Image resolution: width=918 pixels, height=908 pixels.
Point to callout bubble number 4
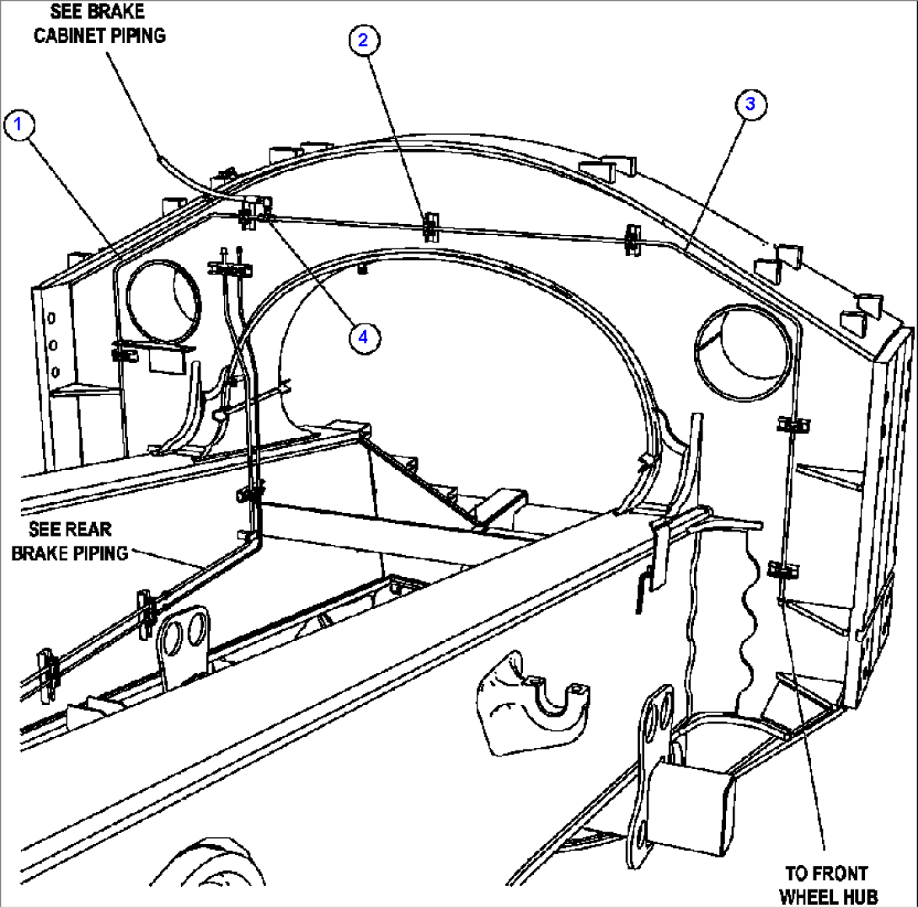coord(363,337)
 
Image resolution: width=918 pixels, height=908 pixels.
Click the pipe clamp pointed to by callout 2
coord(430,224)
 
